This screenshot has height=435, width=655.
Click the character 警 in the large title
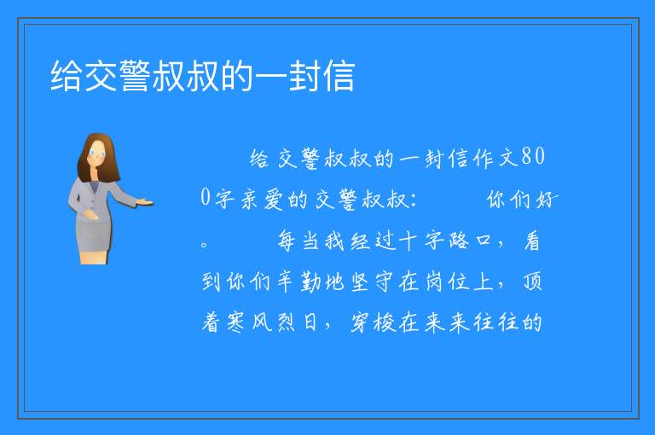(135, 76)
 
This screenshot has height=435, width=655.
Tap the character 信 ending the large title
(339, 76)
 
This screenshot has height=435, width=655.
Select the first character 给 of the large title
(67, 76)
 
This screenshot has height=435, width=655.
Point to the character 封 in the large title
(305, 76)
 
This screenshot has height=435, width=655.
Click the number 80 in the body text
(533, 157)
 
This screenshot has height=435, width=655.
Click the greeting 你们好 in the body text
(522, 200)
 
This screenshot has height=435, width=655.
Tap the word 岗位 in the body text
(446, 281)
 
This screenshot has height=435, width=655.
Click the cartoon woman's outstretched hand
(145, 203)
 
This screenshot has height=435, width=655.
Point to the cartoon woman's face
(97, 154)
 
